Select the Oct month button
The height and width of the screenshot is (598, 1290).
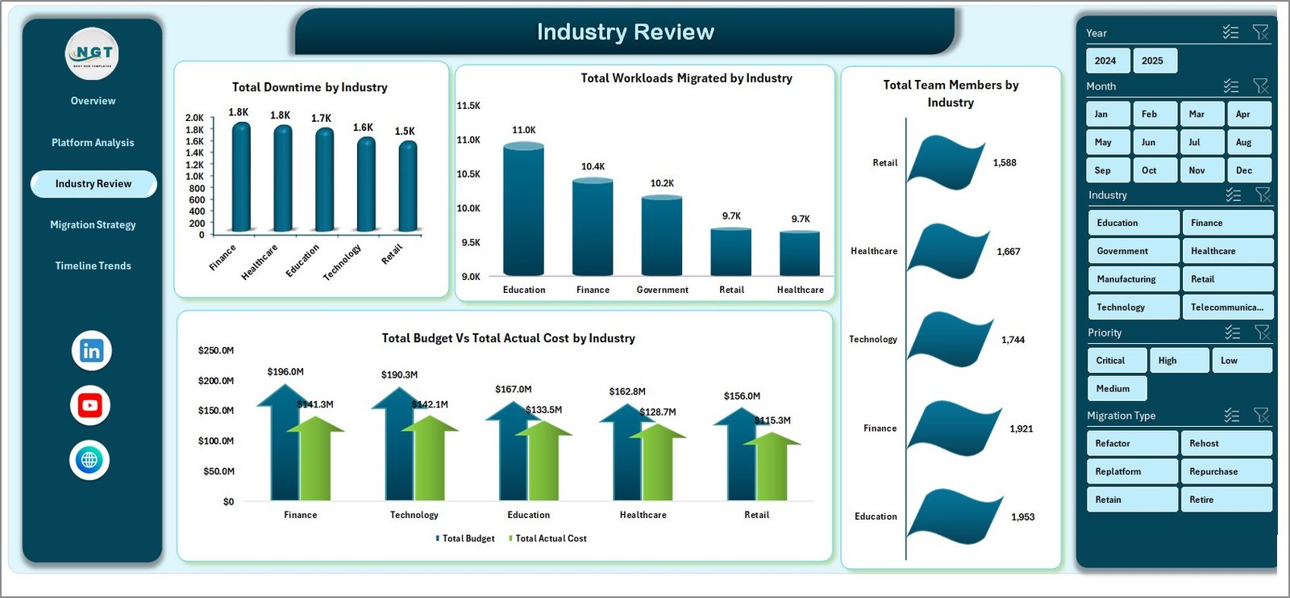[x=1154, y=170]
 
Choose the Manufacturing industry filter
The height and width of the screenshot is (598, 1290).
[x=1132, y=279]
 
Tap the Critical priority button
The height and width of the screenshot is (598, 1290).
[x=1115, y=361]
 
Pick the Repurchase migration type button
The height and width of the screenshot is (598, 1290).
[x=1225, y=471]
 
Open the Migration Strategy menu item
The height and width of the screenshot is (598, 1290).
[x=93, y=225]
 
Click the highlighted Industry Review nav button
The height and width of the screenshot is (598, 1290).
[x=94, y=184]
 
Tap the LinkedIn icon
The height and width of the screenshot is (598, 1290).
[x=91, y=351]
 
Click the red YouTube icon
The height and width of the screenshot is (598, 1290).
[x=90, y=406]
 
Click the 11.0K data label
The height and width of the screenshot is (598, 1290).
[x=523, y=130]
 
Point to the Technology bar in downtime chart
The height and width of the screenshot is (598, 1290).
[x=366, y=186]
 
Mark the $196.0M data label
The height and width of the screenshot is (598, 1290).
[x=285, y=372]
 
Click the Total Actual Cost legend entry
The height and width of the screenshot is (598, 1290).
[x=550, y=538]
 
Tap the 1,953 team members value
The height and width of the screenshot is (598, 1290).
[x=1022, y=517]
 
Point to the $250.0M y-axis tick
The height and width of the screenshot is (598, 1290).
[x=215, y=350]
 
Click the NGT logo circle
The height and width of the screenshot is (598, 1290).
[x=92, y=53]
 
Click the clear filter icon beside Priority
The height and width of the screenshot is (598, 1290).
[x=1262, y=332]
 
